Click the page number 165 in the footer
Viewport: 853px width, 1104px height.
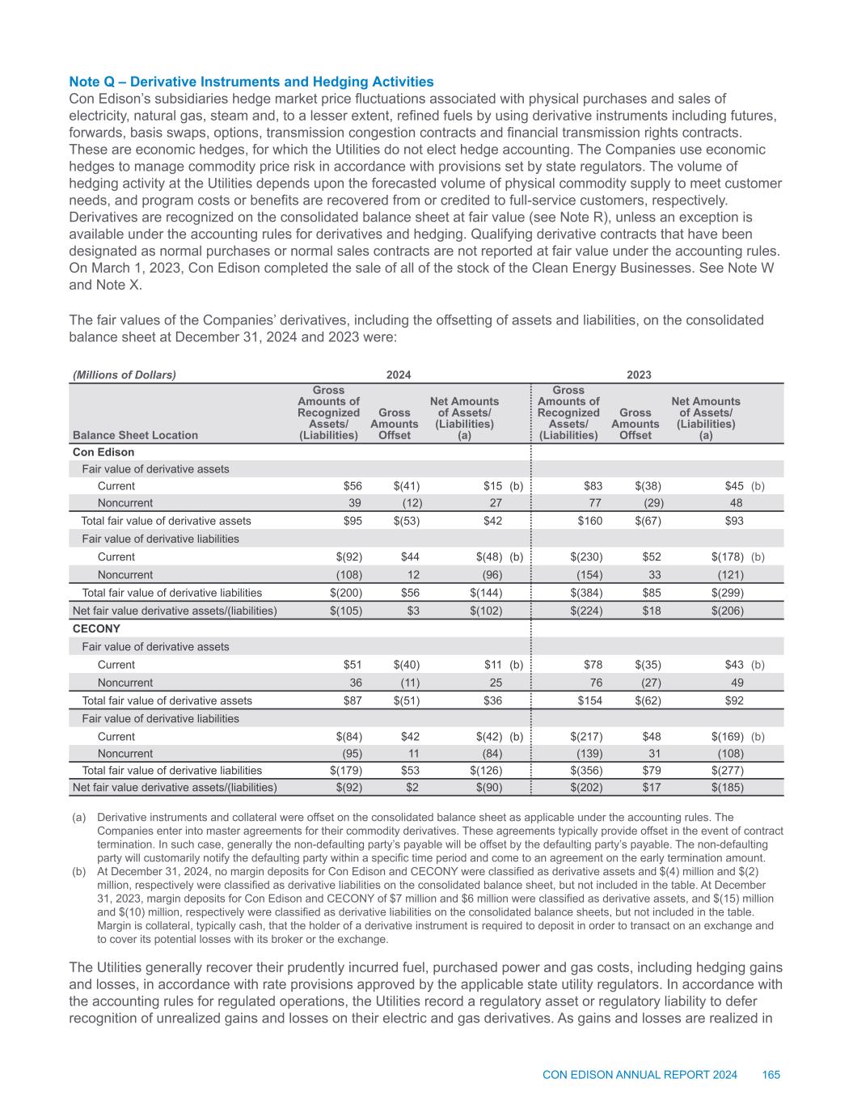coord(771,1074)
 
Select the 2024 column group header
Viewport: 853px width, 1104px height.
coord(398,374)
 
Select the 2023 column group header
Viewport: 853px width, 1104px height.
coord(640,374)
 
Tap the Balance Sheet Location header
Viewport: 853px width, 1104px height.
coord(135,435)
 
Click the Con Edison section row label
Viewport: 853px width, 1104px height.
coord(103,452)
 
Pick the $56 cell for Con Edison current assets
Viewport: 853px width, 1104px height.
coord(350,486)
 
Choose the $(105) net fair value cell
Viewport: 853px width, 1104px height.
coord(344,611)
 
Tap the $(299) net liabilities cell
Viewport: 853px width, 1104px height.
coord(728,593)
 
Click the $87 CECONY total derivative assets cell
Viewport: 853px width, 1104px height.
coord(350,700)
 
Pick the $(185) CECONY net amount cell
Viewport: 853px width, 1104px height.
coord(728,786)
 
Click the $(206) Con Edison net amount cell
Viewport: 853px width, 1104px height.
coord(728,611)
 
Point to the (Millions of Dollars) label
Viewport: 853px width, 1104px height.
coord(125,374)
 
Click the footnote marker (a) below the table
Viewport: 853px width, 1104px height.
coord(78,818)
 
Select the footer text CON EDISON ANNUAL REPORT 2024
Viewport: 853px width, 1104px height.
coord(640,1074)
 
